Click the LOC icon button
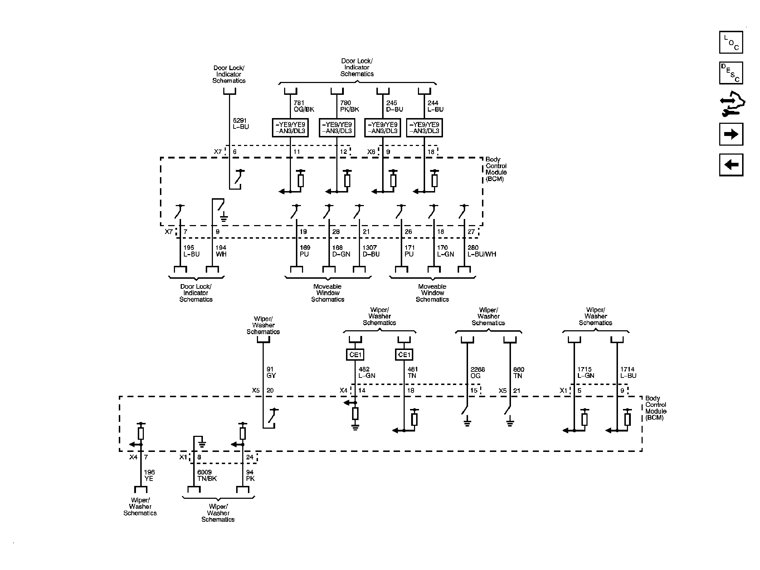(731, 42)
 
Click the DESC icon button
(731, 73)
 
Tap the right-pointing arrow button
(731, 134)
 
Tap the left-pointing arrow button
(731, 165)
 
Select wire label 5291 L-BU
(241, 124)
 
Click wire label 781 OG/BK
(304, 106)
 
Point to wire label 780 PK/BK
(350, 106)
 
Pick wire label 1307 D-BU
(371, 251)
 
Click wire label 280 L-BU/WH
(482, 251)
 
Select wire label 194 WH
(221, 251)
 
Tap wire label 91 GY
(271, 372)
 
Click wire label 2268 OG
(478, 372)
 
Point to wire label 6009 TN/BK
(207, 476)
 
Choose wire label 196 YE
(149, 476)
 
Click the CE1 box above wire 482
(355, 355)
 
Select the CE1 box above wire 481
(404, 355)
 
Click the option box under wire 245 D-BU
(383, 128)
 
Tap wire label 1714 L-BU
(628, 372)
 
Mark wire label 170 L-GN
(445, 251)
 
